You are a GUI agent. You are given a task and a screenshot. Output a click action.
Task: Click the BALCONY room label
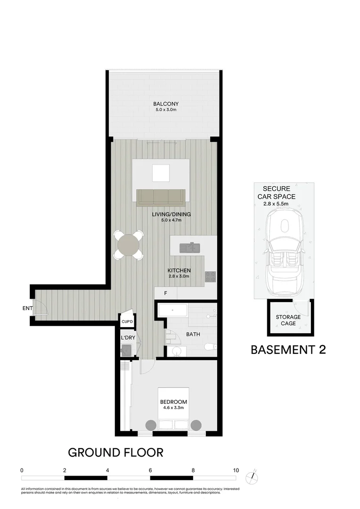165,104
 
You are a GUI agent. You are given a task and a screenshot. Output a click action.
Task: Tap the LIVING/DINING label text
172,214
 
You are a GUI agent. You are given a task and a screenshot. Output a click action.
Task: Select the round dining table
129,245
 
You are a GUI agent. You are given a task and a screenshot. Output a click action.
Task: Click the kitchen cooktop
210,277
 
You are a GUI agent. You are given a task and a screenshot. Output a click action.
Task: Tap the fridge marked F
165,293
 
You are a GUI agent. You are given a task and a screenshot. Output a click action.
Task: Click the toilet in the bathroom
210,347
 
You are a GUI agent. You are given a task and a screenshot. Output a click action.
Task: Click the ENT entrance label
27,309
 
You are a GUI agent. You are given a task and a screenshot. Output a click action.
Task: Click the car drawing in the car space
284,254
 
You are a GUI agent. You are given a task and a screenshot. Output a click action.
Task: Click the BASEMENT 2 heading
288,350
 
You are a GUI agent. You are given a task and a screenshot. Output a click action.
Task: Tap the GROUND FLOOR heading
116,452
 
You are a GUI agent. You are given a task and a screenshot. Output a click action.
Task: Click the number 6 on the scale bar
150,470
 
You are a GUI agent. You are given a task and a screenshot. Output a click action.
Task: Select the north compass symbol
255,476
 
